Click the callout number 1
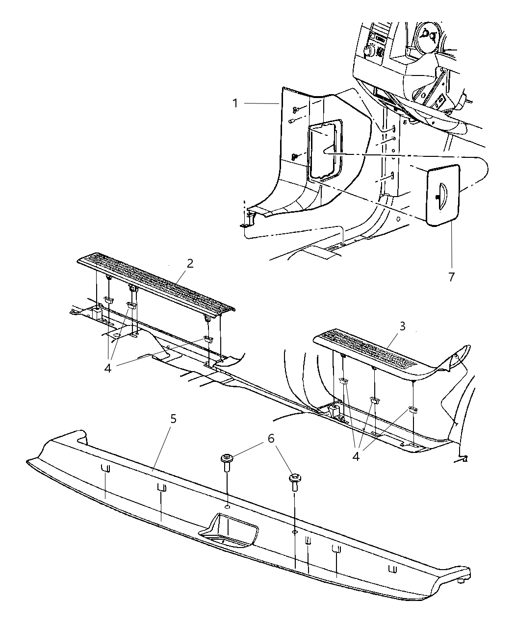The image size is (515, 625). click(x=236, y=103)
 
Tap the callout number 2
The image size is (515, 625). click(x=190, y=263)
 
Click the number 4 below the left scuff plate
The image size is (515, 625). click(x=108, y=367)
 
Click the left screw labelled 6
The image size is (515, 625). click(x=228, y=462)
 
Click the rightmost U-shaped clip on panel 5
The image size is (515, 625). click(x=392, y=570)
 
